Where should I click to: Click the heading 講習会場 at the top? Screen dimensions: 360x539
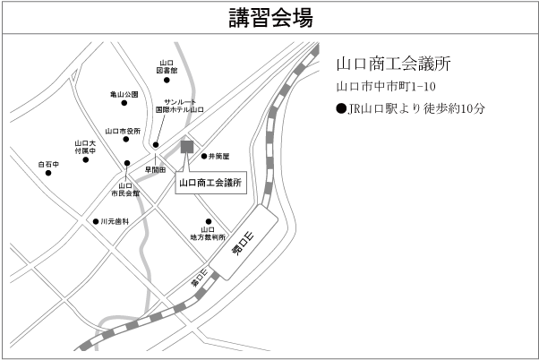tap(269, 17)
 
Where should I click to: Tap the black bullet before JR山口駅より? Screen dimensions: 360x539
tap(341, 111)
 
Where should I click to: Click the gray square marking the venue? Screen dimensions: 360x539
tap(187, 147)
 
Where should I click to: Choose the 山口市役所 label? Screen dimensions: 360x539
tap(123, 131)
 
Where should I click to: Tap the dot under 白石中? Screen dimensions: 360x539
tap(47, 175)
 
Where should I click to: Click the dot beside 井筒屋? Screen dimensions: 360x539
tap(203, 156)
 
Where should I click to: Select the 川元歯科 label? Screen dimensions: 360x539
tap(115, 220)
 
